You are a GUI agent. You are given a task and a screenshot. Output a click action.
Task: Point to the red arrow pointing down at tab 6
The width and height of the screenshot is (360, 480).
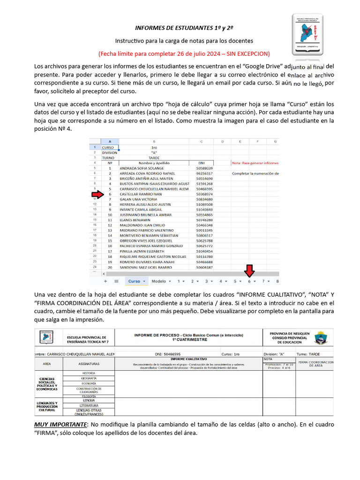click(249, 270)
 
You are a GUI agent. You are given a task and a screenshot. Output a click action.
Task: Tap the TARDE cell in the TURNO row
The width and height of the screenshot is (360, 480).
click(154, 158)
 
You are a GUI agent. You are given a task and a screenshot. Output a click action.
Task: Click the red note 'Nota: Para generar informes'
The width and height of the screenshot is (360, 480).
click(255, 163)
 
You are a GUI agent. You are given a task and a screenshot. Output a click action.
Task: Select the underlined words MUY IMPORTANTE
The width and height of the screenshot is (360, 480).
click(60, 425)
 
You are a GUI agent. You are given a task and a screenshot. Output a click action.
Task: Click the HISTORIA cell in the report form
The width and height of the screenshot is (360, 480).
click(89, 373)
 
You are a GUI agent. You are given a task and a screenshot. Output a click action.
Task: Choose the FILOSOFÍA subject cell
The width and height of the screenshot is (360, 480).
click(89, 396)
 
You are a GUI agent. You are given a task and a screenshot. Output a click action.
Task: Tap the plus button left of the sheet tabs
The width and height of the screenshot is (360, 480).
click(105, 281)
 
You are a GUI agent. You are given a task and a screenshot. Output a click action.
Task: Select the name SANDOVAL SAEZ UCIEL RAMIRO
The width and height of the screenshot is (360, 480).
click(146, 267)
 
